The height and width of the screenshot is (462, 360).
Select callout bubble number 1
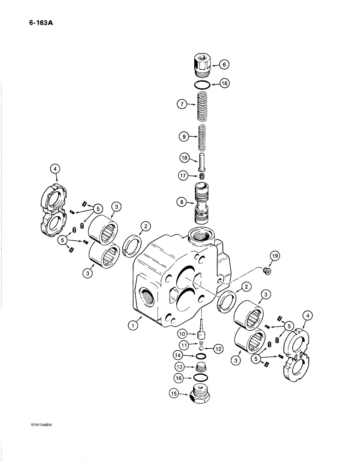click(133, 325)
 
